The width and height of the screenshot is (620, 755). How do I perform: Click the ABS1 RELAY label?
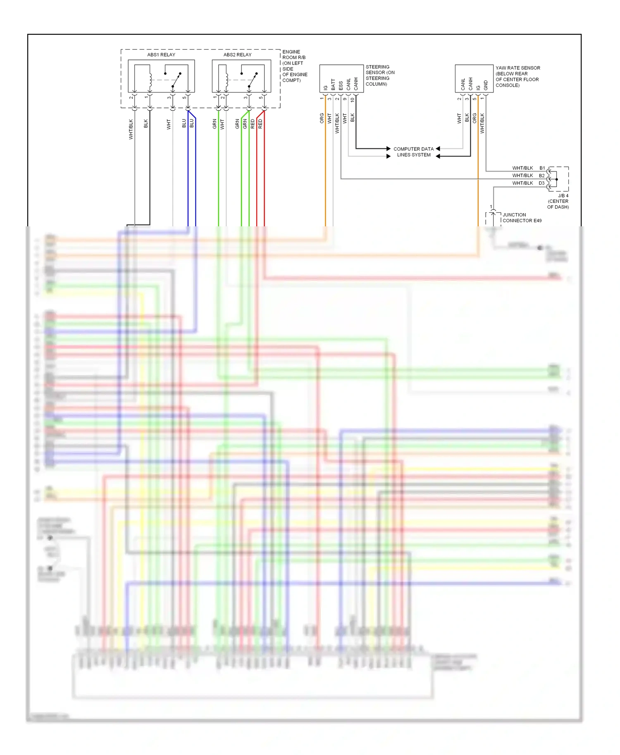[161, 55]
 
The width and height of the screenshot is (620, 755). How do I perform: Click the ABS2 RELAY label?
[237, 55]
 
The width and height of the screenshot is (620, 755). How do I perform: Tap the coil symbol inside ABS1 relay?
[150, 78]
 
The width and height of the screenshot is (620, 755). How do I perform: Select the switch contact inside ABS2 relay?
[253, 80]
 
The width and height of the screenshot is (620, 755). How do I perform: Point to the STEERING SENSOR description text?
[379, 75]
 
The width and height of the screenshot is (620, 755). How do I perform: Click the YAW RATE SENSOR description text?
[517, 76]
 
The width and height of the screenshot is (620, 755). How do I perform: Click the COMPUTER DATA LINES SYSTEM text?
[413, 152]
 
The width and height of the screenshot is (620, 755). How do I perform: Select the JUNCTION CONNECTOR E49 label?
[522, 218]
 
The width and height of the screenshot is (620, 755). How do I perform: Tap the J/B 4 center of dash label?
[558, 201]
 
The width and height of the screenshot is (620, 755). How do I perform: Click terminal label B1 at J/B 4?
[542, 168]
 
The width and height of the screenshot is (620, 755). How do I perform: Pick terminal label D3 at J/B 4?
[541, 183]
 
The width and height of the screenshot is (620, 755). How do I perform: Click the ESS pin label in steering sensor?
[341, 85]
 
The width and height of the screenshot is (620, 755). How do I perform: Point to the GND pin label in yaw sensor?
[486, 85]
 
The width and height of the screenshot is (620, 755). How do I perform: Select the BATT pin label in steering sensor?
[333, 85]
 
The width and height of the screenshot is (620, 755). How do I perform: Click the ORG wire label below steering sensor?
[322, 118]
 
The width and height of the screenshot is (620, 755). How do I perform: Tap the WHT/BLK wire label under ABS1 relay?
[131, 129]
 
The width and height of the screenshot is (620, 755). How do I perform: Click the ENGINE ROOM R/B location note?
[294, 66]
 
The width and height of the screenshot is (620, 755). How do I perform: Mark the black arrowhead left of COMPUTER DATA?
[388, 149]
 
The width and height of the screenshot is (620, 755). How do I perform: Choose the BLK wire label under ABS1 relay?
[146, 123]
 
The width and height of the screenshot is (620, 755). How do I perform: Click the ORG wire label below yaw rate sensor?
[475, 118]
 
